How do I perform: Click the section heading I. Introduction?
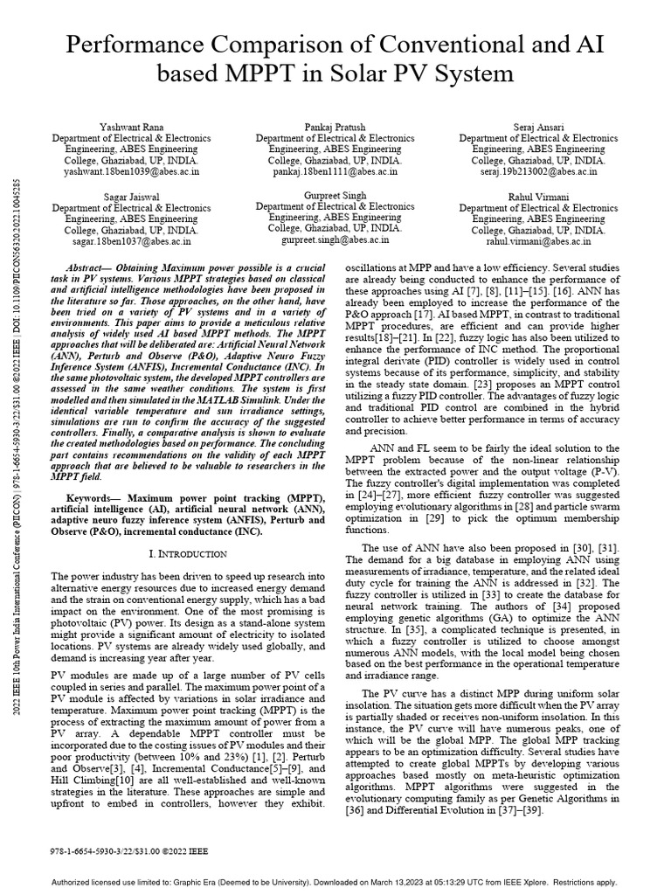[189, 554]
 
